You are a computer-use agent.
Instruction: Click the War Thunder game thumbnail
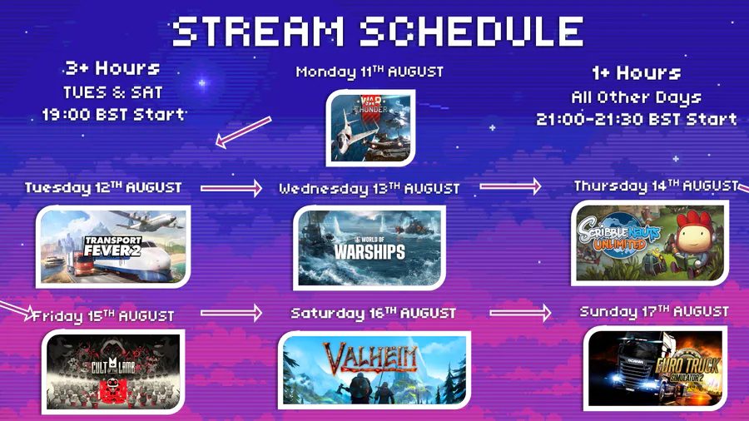[370, 128]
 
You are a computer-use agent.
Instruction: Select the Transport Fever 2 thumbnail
[113, 247]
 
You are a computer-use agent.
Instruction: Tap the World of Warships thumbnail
[370, 248]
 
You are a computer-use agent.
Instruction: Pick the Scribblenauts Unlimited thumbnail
[650, 243]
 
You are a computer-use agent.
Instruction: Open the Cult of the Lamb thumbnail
[113, 371]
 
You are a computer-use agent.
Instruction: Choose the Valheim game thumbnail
[374, 370]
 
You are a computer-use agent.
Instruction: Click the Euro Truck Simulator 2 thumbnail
[656, 368]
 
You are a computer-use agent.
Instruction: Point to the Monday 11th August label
[370, 72]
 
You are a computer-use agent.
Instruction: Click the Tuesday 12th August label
[103, 187]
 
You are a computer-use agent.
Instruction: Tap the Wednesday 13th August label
[370, 189]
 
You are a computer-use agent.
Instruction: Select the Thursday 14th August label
[657, 186]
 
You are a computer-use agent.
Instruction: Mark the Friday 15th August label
[103, 316]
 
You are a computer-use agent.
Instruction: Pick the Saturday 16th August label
[374, 314]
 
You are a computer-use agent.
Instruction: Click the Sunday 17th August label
[654, 312]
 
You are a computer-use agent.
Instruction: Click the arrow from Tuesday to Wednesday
[231, 188]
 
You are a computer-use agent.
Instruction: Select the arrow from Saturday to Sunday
[520, 313]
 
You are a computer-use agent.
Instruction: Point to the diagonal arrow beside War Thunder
[243, 132]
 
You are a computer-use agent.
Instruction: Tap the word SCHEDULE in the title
[472, 32]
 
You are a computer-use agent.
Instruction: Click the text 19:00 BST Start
[113, 115]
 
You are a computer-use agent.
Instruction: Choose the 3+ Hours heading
[112, 68]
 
